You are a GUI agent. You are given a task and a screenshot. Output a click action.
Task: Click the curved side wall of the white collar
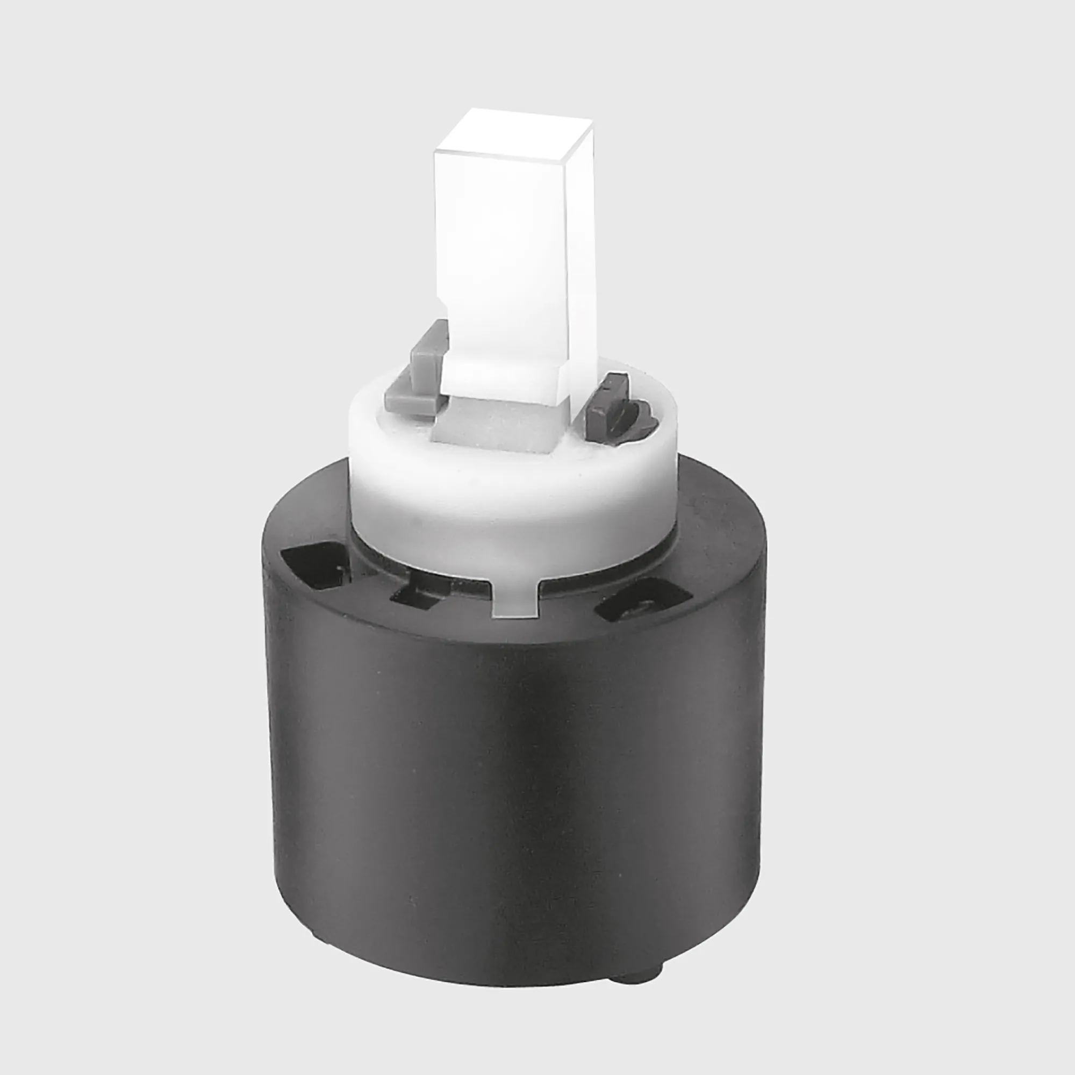click(512, 501)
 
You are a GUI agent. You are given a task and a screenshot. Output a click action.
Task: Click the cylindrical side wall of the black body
click(512, 807)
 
